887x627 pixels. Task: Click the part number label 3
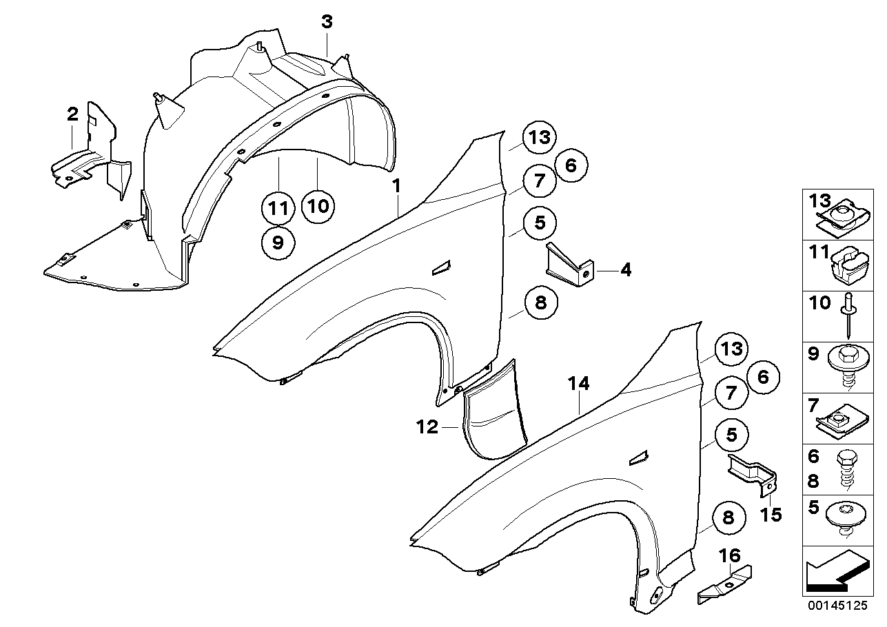point(327,22)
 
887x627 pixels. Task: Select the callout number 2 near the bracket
point(72,114)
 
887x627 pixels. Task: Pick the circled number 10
point(318,205)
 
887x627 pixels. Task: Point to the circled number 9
point(278,242)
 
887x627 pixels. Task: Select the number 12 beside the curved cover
point(427,428)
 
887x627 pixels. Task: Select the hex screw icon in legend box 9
point(847,362)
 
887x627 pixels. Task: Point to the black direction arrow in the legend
point(836,571)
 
